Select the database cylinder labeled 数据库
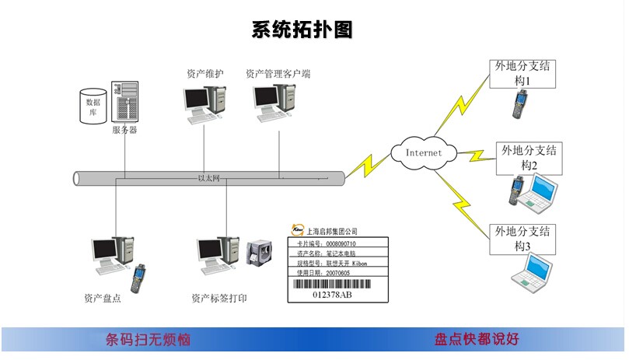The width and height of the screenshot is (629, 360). [93, 107]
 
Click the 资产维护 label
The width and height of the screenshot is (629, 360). [205, 74]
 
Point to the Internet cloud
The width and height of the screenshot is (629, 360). [423, 152]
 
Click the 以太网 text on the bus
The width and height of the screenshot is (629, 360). [209, 179]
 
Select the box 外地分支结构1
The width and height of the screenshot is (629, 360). [522, 73]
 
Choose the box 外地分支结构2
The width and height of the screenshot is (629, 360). [529, 157]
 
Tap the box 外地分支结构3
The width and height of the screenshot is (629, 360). [522, 238]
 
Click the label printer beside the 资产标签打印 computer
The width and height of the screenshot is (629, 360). [257, 255]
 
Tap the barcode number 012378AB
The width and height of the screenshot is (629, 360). [332, 295]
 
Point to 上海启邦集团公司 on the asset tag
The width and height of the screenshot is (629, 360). [332, 231]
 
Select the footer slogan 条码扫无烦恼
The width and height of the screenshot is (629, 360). [148, 340]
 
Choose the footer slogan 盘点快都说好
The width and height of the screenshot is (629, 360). [477, 340]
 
